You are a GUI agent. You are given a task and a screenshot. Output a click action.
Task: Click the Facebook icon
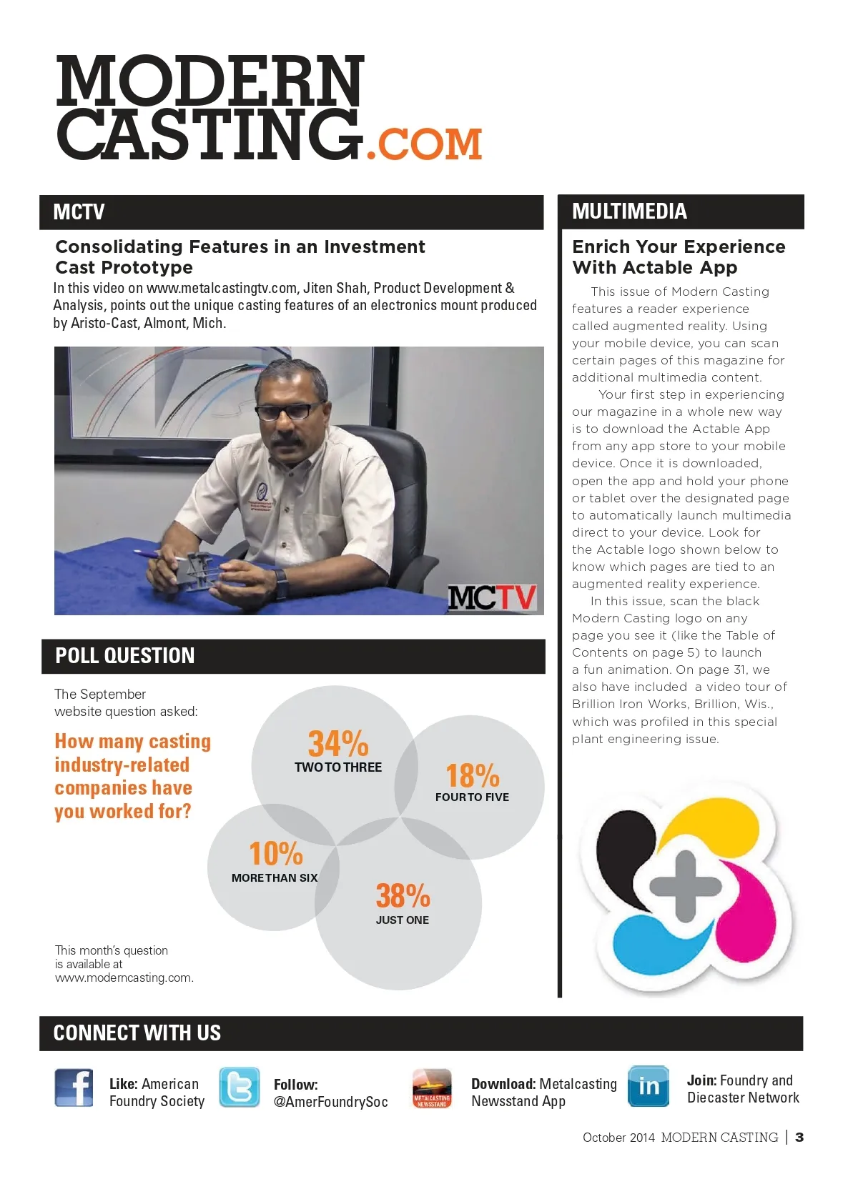74,1088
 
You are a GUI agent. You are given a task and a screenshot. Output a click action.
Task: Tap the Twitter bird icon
239,1088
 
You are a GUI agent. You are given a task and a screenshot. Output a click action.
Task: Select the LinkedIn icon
649,1086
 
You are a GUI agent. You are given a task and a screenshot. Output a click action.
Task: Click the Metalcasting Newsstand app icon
432,1088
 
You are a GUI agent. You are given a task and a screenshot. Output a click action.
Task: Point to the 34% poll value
338,744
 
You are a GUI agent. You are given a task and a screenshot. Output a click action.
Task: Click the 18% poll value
472,775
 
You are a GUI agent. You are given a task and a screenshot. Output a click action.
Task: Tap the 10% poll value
275,854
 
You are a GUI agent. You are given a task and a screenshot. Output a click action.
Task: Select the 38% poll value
403,896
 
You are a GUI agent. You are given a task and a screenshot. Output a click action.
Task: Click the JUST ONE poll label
403,920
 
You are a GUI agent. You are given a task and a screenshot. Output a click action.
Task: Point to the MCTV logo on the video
492,597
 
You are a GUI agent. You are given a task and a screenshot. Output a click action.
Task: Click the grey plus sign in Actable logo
685,885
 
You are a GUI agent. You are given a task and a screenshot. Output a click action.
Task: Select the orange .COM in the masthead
424,144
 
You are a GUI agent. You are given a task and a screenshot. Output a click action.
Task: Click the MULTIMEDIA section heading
629,212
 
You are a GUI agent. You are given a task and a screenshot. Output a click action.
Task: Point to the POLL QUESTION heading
124,656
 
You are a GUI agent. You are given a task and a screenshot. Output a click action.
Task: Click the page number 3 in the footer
799,1137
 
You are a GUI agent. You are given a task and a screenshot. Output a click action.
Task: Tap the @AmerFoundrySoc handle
330,1102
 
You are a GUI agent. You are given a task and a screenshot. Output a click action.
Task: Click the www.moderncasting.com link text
124,977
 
